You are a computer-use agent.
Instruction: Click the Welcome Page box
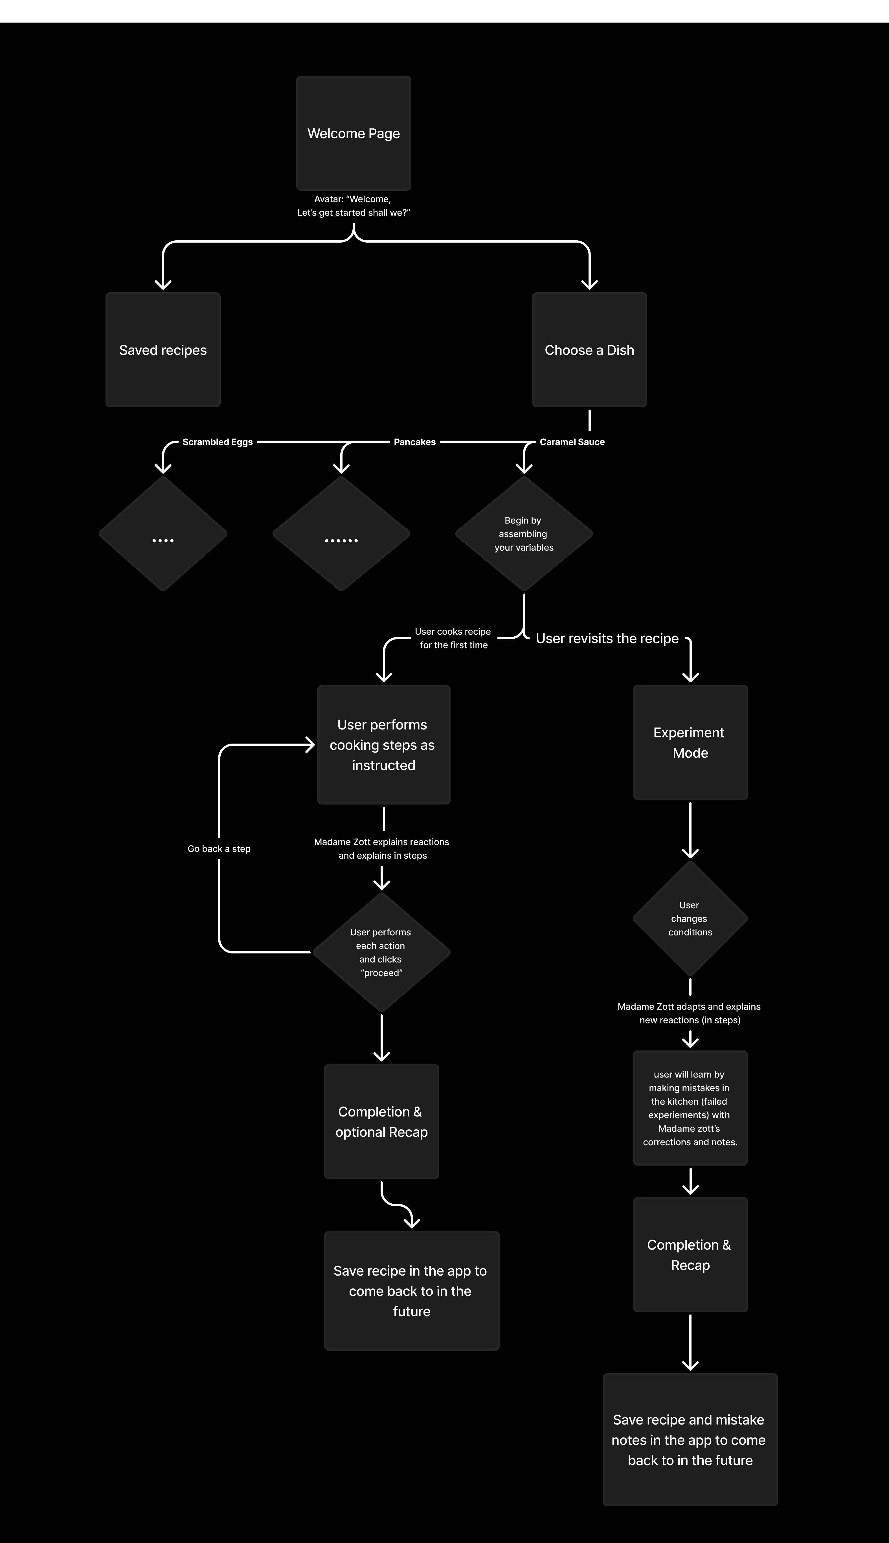[x=354, y=133]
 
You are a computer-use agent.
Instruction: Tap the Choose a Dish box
[x=589, y=350]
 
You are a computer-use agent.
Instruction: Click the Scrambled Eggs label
[x=217, y=442]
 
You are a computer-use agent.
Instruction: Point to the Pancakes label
[x=414, y=442]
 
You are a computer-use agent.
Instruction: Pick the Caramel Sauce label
[x=572, y=442]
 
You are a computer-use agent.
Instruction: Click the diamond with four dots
[x=163, y=533]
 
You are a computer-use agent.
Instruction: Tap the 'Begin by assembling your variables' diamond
[x=524, y=533]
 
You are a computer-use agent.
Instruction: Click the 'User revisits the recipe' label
[x=607, y=638]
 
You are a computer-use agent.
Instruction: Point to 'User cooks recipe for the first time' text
[x=453, y=638]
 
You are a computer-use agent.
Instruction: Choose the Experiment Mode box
[x=690, y=742]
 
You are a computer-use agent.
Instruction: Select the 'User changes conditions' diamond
[x=690, y=918]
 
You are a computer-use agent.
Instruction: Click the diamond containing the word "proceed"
[x=381, y=952]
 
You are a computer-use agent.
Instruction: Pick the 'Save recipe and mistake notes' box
[x=690, y=1439]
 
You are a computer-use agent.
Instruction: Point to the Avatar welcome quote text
[x=354, y=206]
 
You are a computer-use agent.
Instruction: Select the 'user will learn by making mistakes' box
[x=690, y=1108]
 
